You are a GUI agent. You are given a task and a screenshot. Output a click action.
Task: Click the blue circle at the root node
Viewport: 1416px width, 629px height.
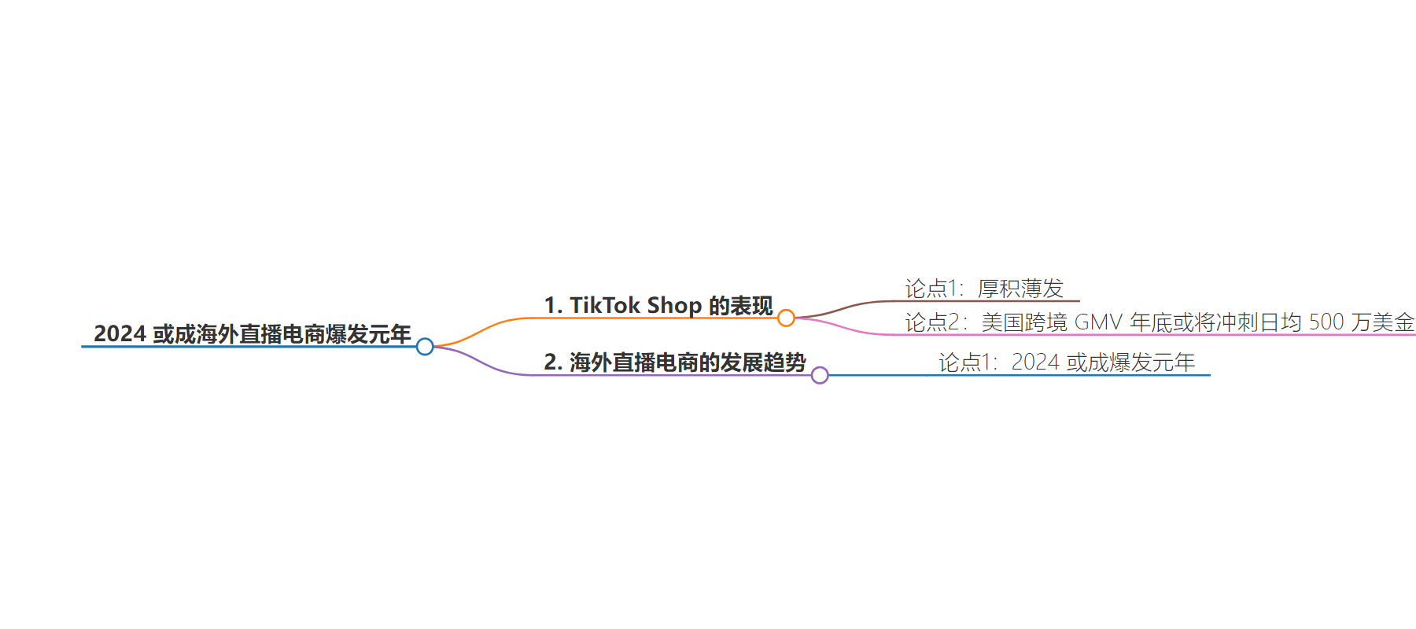point(425,346)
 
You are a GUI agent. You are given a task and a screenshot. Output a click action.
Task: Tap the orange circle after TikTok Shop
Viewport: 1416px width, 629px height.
point(786,318)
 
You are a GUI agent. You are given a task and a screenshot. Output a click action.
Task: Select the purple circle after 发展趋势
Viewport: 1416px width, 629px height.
point(820,375)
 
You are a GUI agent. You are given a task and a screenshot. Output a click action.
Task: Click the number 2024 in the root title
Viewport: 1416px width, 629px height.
point(120,334)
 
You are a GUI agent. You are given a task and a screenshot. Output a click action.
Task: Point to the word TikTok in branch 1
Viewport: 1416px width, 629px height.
point(604,305)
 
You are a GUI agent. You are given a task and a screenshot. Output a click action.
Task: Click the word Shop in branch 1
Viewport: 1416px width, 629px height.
point(674,305)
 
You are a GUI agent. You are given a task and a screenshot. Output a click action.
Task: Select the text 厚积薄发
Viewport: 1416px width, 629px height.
point(1020,289)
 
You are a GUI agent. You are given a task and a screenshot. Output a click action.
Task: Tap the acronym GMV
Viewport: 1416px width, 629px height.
point(1098,322)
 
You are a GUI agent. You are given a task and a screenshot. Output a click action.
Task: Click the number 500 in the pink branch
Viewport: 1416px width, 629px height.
point(1326,322)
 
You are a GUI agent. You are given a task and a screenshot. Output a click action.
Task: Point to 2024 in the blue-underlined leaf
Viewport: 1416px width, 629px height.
point(1035,362)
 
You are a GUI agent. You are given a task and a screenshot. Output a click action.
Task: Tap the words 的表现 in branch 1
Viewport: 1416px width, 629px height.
point(741,305)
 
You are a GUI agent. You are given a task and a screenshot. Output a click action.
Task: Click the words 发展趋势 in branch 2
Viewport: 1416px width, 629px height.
point(763,362)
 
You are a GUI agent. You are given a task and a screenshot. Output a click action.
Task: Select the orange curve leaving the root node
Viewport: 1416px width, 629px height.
point(480,331)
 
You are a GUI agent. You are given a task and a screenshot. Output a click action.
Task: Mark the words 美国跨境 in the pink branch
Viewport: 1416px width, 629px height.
point(1024,322)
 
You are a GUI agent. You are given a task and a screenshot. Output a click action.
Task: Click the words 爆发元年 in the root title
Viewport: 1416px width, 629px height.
point(368,334)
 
